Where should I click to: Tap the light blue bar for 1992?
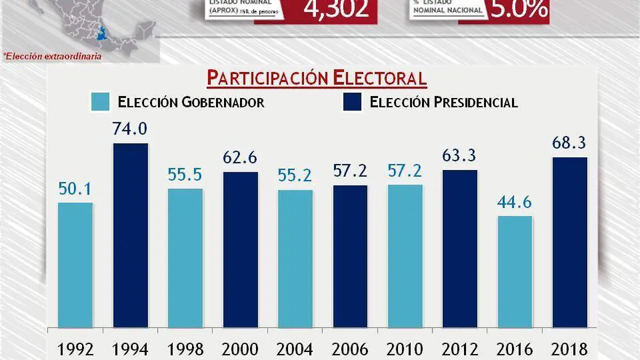coord(75,265)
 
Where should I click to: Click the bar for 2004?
coord(295,258)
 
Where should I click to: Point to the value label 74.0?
coord(130,130)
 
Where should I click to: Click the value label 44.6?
coord(515,203)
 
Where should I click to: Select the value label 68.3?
coord(570,143)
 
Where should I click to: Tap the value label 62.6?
coord(241,158)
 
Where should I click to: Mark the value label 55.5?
coord(186,175)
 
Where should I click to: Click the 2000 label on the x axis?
coord(241,349)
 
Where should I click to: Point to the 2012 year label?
coord(460,349)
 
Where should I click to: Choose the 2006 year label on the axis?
coord(350,349)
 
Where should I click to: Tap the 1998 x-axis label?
coord(186,349)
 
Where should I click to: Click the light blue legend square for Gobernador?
coord(100,102)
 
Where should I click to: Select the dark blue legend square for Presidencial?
coord(352,102)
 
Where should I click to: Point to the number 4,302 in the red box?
coord(336,10)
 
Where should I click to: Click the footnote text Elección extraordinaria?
coord(52,55)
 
